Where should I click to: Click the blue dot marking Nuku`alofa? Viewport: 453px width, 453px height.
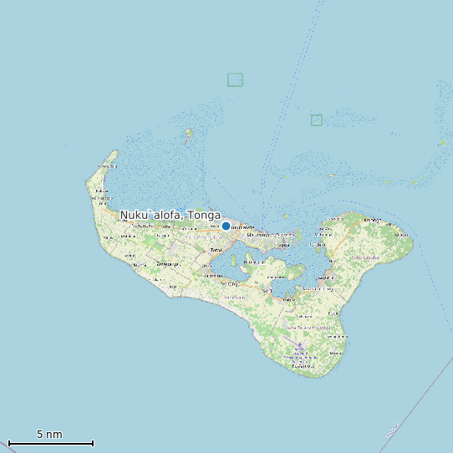click(x=226, y=226)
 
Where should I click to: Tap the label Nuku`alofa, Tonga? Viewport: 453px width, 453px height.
click(x=170, y=216)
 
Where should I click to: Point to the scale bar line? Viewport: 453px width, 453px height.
click(x=50, y=443)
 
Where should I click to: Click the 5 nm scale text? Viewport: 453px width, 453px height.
click(x=49, y=435)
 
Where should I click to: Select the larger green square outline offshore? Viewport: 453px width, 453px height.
click(x=235, y=79)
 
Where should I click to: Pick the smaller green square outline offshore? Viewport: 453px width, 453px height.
click(x=316, y=120)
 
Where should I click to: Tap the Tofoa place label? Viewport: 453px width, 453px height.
click(x=216, y=250)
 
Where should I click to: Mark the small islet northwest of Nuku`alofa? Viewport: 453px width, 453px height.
click(x=189, y=131)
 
